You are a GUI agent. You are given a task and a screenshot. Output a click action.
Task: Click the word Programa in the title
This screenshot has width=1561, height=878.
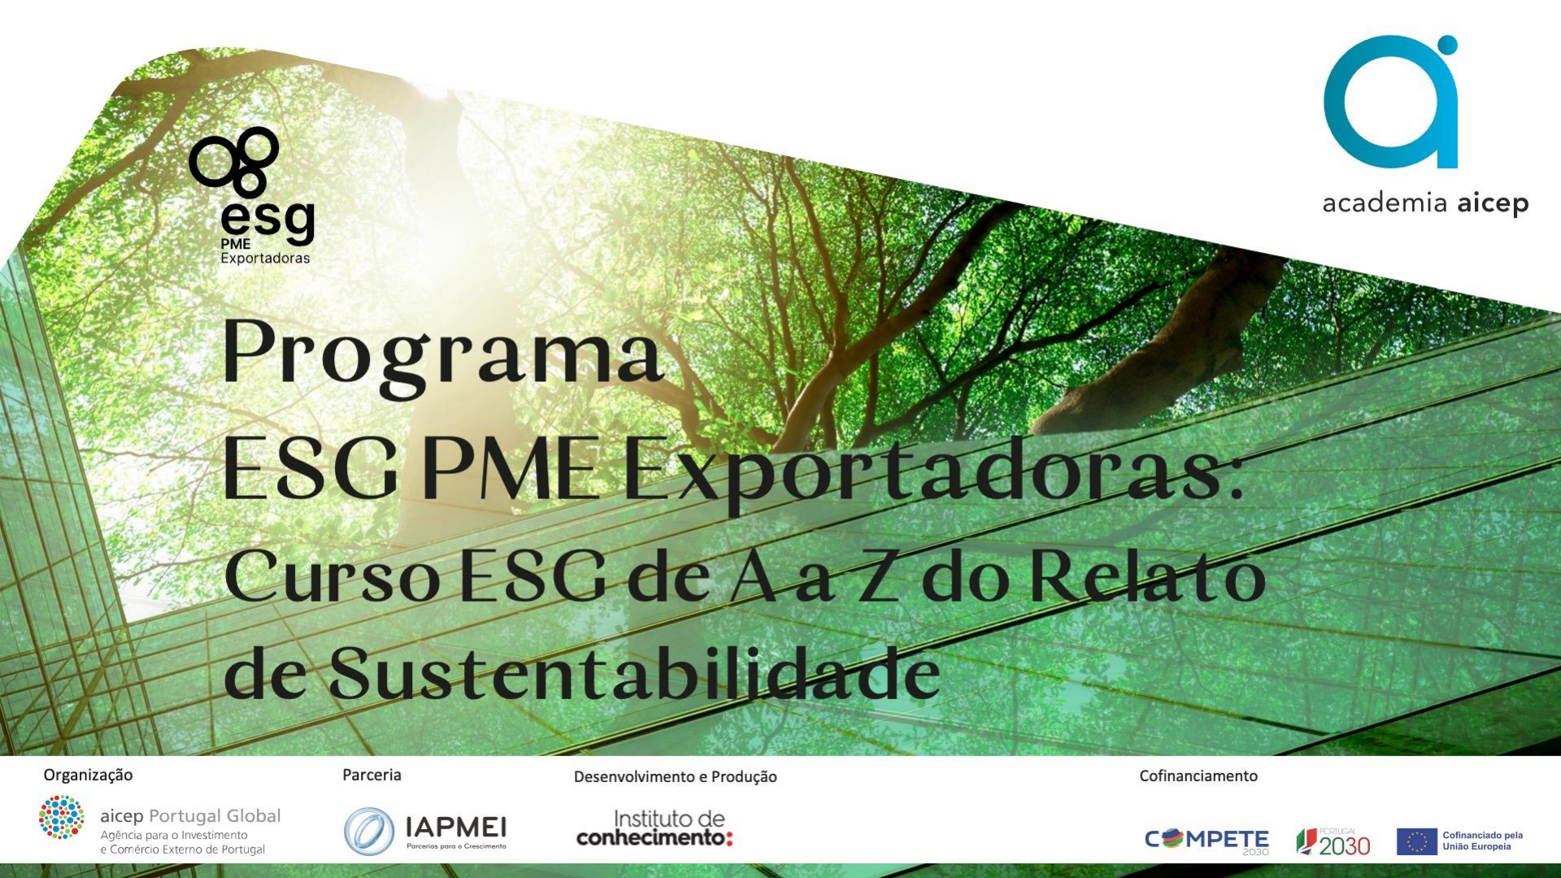click(x=443, y=354)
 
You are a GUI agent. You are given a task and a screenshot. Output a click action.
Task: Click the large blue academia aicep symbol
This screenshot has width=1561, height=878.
click(x=1391, y=102)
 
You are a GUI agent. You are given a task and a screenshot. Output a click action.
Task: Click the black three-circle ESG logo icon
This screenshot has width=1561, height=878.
click(x=234, y=162)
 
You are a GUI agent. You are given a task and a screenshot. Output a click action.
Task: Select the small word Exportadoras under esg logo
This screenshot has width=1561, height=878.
click(x=265, y=259)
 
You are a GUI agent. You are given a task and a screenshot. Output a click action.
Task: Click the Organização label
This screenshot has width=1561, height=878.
click(x=88, y=776)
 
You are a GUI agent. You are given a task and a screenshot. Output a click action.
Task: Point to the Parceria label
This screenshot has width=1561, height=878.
click(x=372, y=775)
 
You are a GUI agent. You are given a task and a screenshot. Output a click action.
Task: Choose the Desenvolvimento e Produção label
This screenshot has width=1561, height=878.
click(x=675, y=776)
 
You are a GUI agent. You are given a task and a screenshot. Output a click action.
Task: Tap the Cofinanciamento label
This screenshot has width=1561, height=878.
click(x=1198, y=776)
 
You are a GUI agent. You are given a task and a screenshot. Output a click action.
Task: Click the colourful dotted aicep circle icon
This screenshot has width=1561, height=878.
click(x=61, y=816)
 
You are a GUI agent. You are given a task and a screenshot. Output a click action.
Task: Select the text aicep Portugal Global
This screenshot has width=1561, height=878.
click(x=190, y=815)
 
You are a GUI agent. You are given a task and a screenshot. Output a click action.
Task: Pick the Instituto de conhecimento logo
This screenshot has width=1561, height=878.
click(x=654, y=828)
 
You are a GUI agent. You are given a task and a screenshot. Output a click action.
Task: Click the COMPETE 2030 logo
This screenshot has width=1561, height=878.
click(x=1207, y=841)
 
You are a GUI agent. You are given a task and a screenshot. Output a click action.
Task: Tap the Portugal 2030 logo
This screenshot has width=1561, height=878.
click(x=1333, y=842)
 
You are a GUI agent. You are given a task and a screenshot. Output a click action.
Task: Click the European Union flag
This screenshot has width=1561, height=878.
click(x=1417, y=841)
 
